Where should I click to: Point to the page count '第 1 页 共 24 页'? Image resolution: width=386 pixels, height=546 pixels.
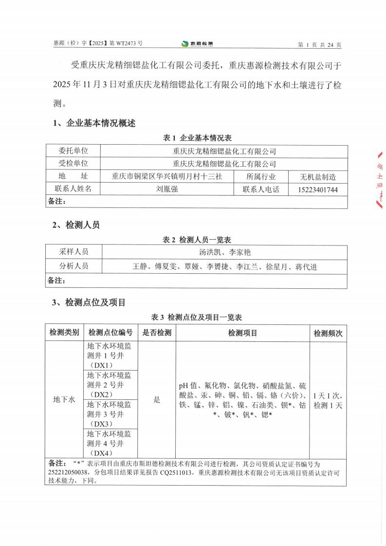[319, 45]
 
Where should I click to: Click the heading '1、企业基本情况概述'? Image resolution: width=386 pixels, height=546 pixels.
[94, 123]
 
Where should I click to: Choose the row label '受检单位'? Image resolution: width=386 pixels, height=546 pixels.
[73, 164]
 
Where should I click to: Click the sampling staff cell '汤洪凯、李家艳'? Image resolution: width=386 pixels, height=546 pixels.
[224, 252]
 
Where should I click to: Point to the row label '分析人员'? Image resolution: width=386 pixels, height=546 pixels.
[74, 266]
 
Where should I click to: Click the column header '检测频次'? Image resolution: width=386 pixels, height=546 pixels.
[328, 333]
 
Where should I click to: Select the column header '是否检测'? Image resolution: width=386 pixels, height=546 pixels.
[157, 333]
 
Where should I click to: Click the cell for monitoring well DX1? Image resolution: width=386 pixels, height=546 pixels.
[111, 356]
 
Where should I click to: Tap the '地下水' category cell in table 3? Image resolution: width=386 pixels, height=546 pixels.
[64, 399]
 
